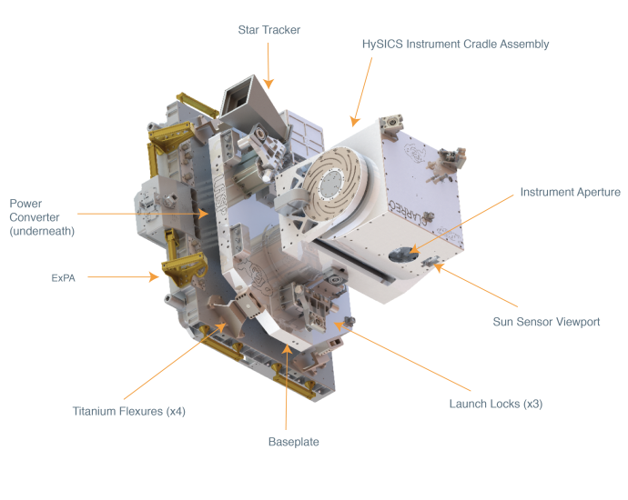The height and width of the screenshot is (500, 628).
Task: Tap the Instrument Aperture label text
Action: pos(570,192)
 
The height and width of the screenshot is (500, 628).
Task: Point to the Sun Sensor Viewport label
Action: pos(546,322)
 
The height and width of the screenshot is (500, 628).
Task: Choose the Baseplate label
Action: pos(293,442)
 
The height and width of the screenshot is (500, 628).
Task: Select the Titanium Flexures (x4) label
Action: pos(131,411)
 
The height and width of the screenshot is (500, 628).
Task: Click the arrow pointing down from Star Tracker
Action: pos(268,64)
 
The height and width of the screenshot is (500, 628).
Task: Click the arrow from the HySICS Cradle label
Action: pos(362,91)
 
